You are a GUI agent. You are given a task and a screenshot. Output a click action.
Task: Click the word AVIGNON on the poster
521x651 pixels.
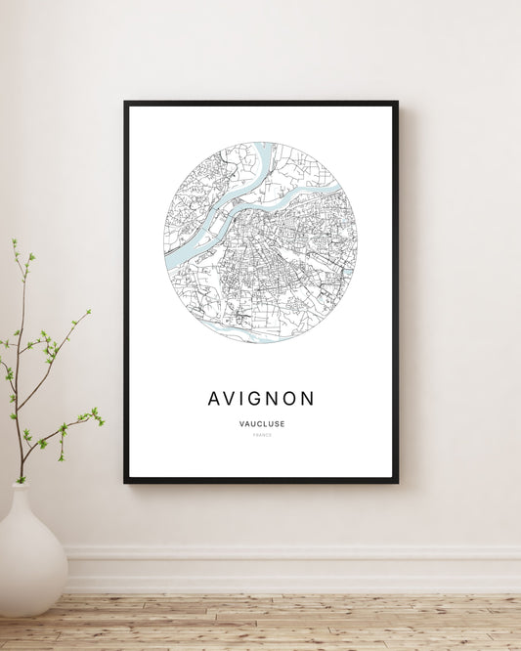[261, 399]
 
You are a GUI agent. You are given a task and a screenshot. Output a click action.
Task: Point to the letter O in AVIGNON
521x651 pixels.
[290, 399]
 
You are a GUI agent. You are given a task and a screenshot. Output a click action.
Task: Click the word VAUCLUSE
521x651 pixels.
[261, 423]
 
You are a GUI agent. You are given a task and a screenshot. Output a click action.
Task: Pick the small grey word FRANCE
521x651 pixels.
[261, 435]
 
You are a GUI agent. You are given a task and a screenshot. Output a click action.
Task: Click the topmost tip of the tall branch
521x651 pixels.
[15, 240]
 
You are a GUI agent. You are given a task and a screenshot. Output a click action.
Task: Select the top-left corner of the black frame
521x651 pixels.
[126, 103]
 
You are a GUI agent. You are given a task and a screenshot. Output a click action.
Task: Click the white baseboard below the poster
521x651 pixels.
[293, 567]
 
